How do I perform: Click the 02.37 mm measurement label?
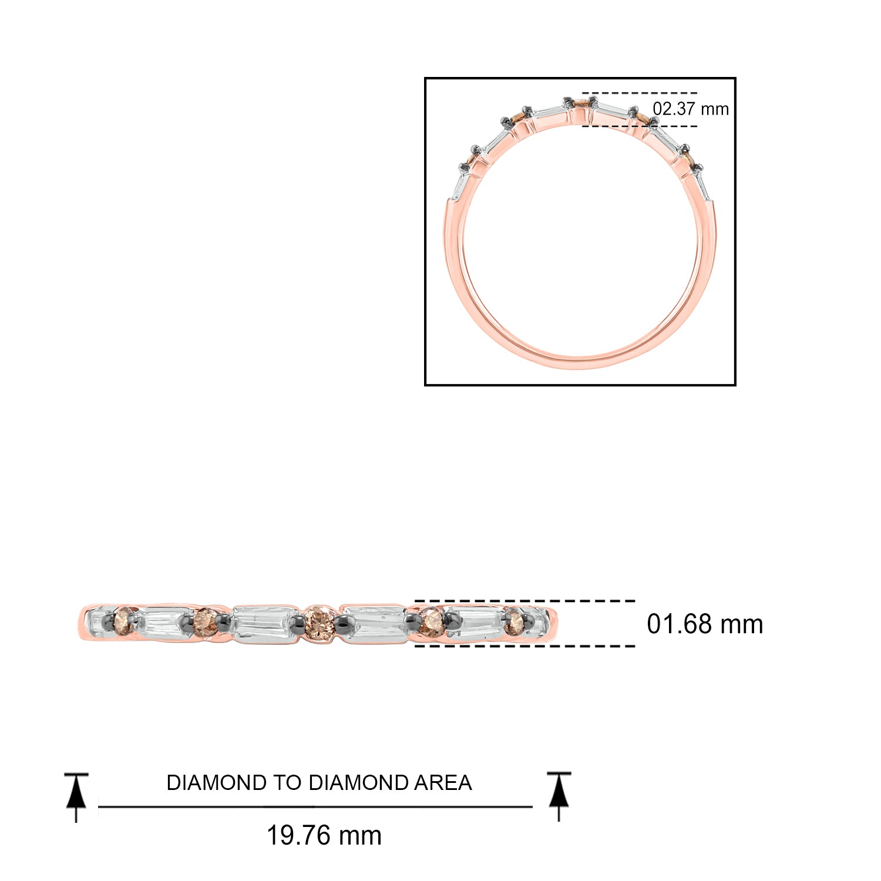pos(691,109)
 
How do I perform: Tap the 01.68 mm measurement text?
pos(705,624)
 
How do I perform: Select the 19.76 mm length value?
pos(324,835)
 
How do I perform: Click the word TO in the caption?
pos(287,783)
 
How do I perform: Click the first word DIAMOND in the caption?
pos(216,783)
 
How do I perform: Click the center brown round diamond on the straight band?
pos(320,622)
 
